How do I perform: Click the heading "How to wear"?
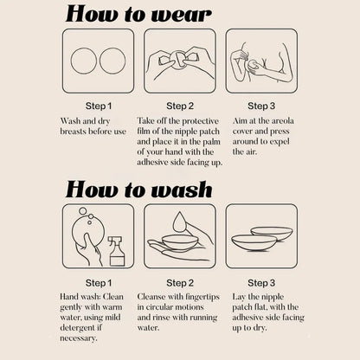[138, 14]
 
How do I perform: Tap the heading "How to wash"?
[138, 190]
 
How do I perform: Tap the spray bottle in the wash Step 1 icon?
[117, 251]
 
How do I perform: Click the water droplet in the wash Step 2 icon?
[179, 222]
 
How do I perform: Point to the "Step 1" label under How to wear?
[99, 106]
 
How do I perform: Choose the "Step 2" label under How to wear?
[180, 106]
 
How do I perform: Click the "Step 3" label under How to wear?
[261, 106]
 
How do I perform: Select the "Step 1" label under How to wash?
[99, 283]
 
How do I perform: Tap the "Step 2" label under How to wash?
[180, 283]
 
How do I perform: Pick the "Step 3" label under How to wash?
[261, 283]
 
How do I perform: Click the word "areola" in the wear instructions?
[283, 121]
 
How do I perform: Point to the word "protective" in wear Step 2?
[200, 121]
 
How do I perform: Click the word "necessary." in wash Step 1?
[79, 338]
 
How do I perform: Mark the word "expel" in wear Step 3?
[280, 142]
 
